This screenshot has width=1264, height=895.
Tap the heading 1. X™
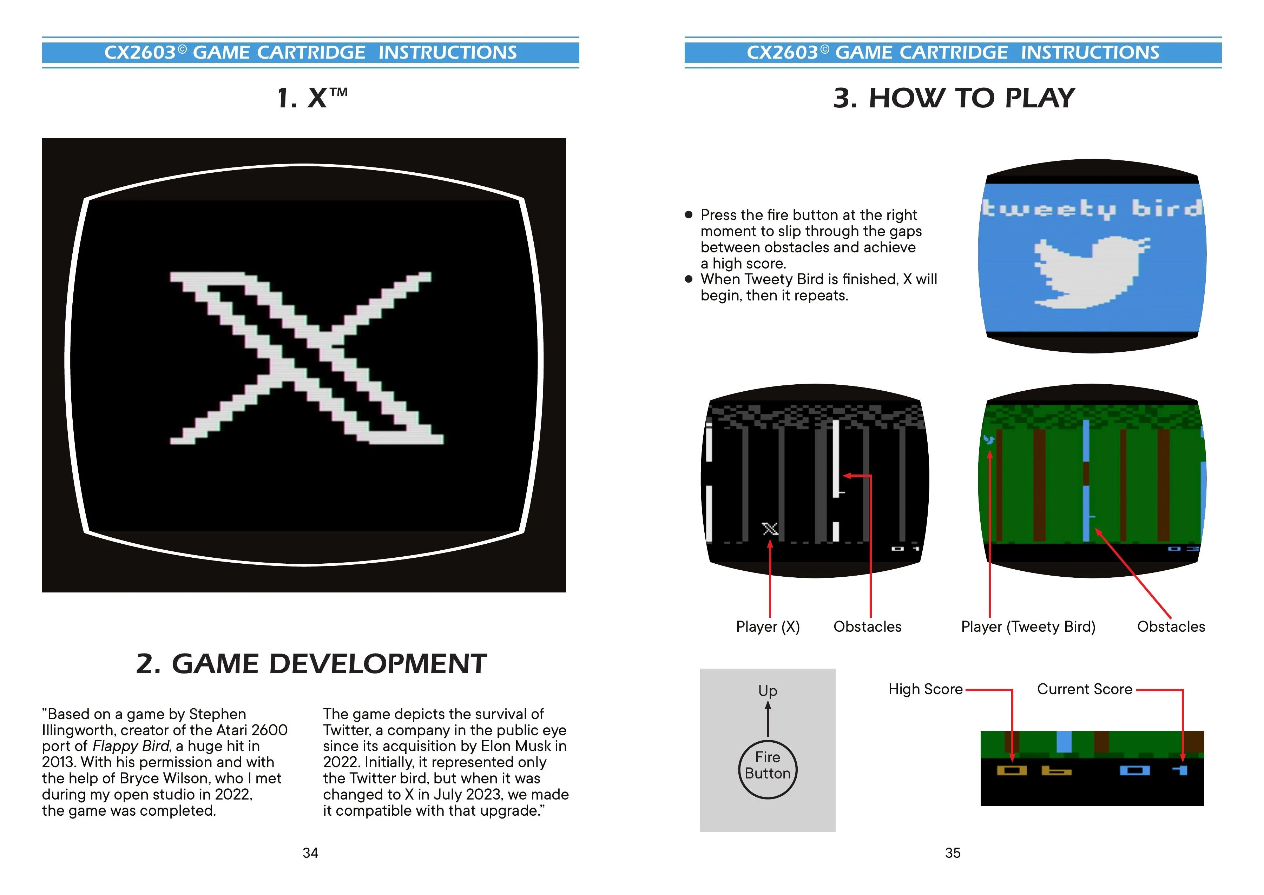pos(312,98)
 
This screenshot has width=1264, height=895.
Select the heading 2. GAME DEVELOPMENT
pos(311,664)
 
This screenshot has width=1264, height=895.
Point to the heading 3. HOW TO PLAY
pos(954,98)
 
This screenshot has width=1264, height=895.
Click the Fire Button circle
pos(767,769)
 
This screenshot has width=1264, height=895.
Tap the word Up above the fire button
pos(767,690)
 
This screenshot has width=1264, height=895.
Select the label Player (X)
pos(768,626)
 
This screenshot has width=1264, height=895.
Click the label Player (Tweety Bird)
pos(1028,626)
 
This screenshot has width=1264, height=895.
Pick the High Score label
pos(926,689)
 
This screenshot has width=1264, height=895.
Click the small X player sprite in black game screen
pos(770,529)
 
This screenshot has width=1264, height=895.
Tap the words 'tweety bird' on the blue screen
pos(1092,209)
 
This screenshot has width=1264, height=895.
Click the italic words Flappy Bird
pos(131,745)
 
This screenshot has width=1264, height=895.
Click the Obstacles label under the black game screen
pos(867,626)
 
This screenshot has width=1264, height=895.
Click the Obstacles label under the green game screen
pos(1171,626)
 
